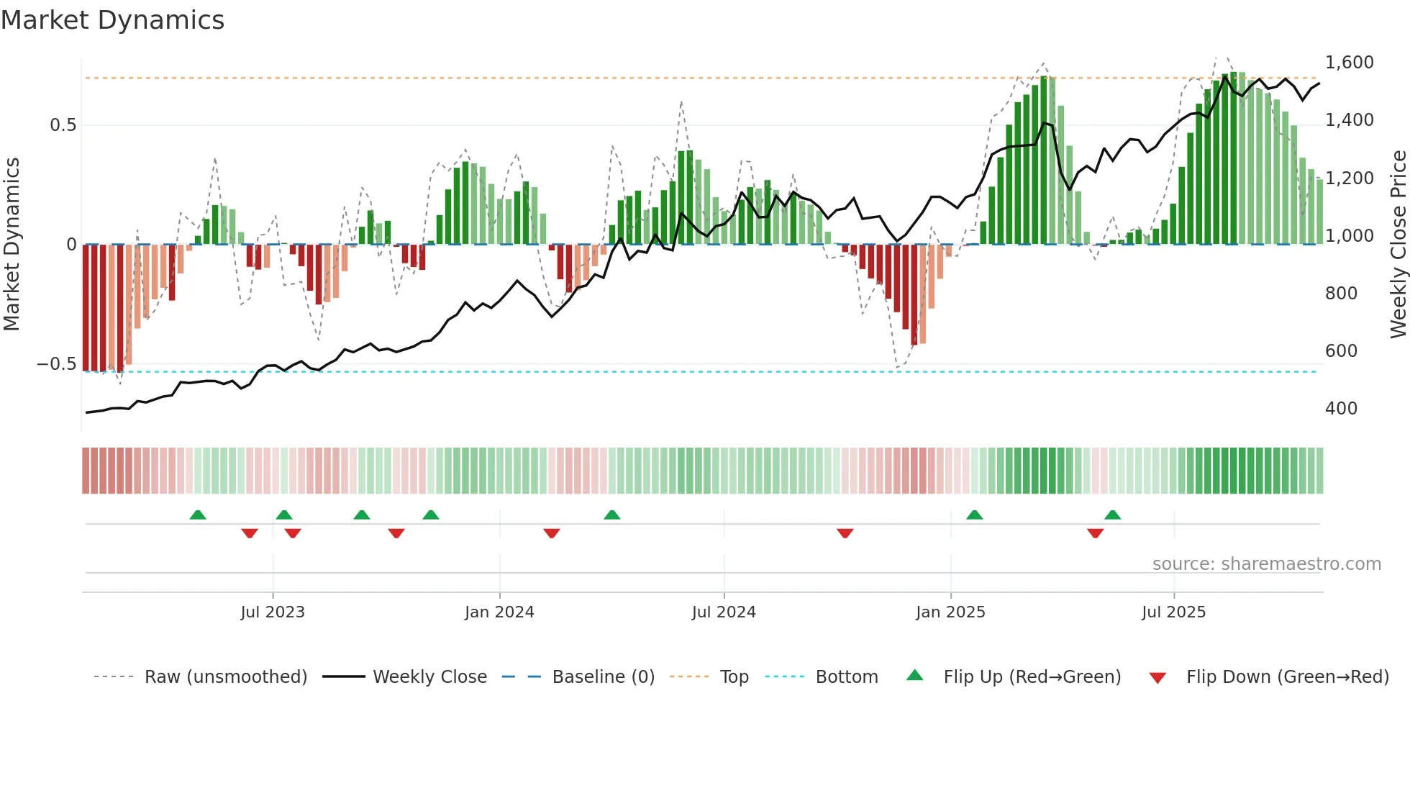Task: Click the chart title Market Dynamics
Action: click(x=112, y=20)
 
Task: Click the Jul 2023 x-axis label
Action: click(x=273, y=612)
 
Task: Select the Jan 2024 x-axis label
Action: click(x=499, y=612)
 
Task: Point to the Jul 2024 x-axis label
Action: click(x=724, y=612)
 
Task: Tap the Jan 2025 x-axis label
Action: click(x=950, y=612)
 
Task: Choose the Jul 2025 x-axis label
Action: click(x=1173, y=612)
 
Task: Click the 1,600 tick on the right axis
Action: click(x=1350, y=63)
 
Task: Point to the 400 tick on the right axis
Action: click(x=1341, y=409)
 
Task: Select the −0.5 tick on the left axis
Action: click(x=56, y=364)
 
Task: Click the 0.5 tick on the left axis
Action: click(x=63, y=125)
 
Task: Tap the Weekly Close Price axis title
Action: click(x=1398, y=245)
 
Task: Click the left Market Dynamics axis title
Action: click(x=12, y=245)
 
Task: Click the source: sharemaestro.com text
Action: click(x=1266, y=564)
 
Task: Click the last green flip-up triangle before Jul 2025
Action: click(x=1112, y=515)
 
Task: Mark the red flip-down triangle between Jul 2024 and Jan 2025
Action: click(x=845, y=533)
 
